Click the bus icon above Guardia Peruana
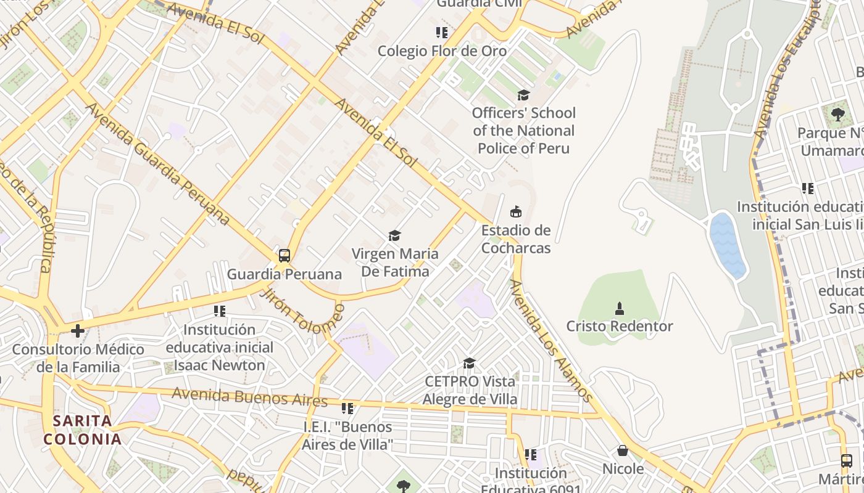[x=285, y=255]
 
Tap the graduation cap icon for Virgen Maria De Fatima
[x=395, y=235]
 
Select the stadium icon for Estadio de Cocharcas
[x=516, y=212]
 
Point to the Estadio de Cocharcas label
[x=516, y=239]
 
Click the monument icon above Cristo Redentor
[x=620, y=308]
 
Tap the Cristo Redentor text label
[x=620, y=326]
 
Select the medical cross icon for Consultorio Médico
[x=78, y=331]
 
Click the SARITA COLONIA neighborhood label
[x=82, y=430]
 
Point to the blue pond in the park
[x=728, y=245]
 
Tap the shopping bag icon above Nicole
[x=623, y=450]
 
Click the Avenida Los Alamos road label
[x=552, y=341]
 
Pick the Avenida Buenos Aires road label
[x=249, y=397]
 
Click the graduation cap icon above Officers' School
[x=523, y=95]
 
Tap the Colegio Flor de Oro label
[x=442, y=51]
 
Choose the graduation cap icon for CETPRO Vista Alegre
[x=470, y=363]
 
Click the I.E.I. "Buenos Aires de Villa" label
[x=347, y=435]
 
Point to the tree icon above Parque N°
[x=837, y=114]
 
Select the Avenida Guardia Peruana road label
[x=157, y=164]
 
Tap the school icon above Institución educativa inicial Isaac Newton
[x=220, y=311]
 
